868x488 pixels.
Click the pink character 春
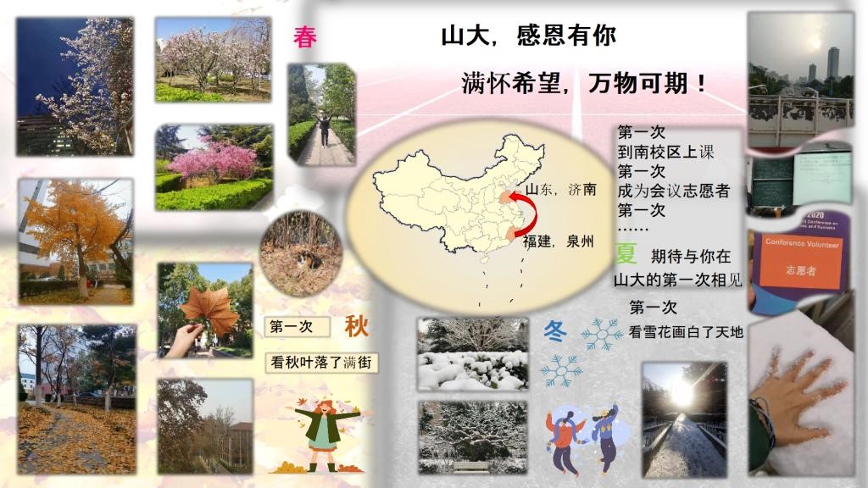click(305, 37)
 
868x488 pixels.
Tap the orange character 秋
click(357, 326)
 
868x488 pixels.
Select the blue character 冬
click(554, 331)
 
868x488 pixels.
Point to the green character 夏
click(626, 253)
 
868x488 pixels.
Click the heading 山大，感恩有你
click(529, 36)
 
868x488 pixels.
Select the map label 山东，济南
click(561, 189)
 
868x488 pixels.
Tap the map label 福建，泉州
click(559, 241)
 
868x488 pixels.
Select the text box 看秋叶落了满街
click(321, 363)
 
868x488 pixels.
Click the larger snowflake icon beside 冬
click(602, 334)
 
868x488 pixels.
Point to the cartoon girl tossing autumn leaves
click(324, 435)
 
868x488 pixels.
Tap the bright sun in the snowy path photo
click(682, 393)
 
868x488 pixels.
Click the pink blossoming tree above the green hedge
click(213, 159)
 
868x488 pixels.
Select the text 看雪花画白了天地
click(686, 332)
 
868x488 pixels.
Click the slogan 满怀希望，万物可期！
click(585, 83)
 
